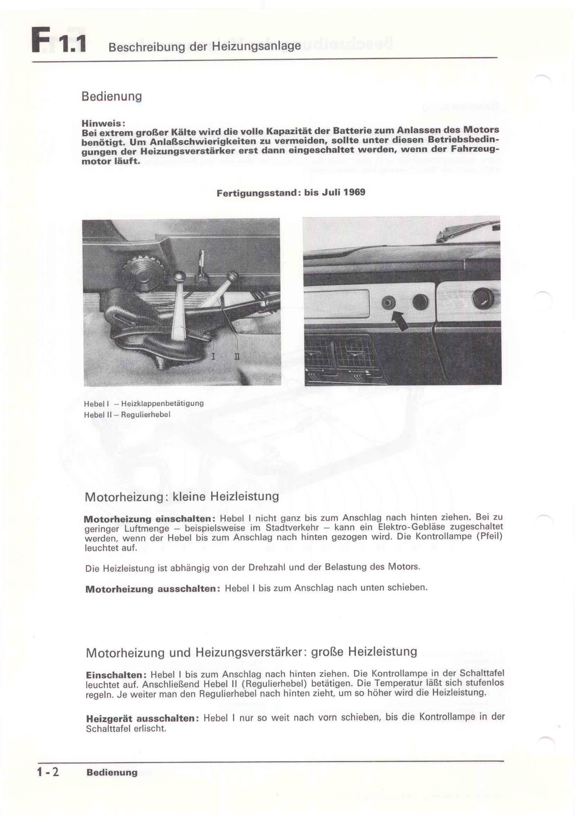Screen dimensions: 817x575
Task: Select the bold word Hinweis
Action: tap(102, 123)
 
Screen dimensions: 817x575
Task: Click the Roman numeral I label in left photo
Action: tap(213, 356)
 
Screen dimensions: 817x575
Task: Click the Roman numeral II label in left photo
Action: tap(237, 356)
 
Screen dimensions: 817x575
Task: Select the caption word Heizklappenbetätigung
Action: tap(162, 403)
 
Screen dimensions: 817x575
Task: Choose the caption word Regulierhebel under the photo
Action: tap(146, 415)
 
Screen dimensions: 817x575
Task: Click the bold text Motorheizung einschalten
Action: tap(150, 518)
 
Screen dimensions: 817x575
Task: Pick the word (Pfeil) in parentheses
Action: tap(489, 536)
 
